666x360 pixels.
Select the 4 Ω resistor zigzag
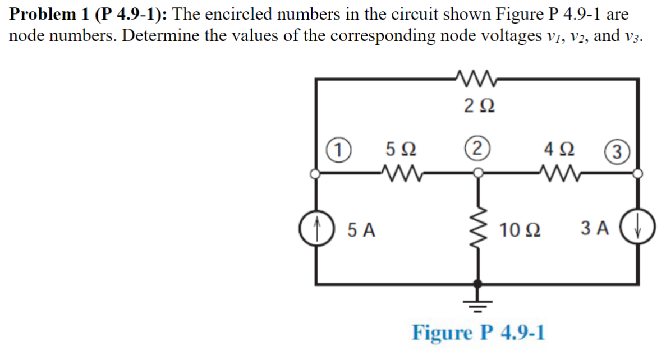point(559,174)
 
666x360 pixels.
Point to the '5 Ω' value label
point(401,150)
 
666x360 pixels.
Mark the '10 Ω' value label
point(521,229)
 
